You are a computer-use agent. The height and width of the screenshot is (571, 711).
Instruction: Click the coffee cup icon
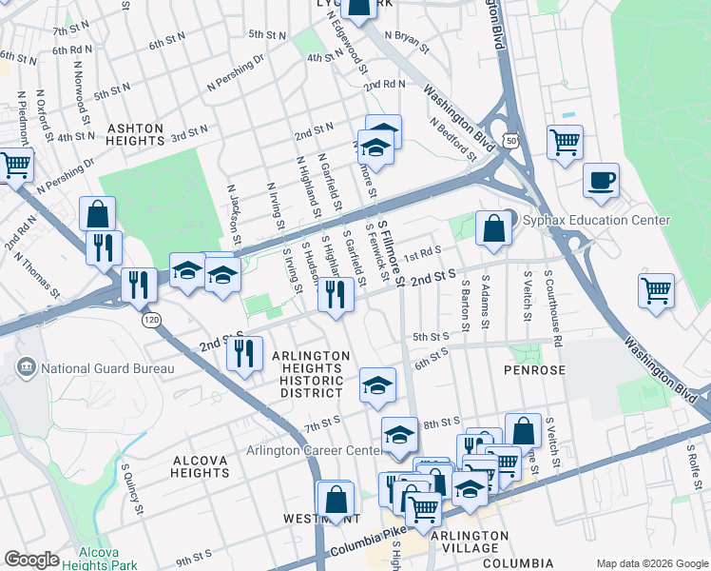(601, 181)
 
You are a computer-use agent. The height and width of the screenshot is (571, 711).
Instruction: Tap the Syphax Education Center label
(597, 221)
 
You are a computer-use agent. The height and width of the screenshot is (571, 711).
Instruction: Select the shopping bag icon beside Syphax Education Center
(493, 229)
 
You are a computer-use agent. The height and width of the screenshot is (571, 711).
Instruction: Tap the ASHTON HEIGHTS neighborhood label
(135, 134)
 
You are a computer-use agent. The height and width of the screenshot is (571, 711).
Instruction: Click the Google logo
(31, 560)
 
